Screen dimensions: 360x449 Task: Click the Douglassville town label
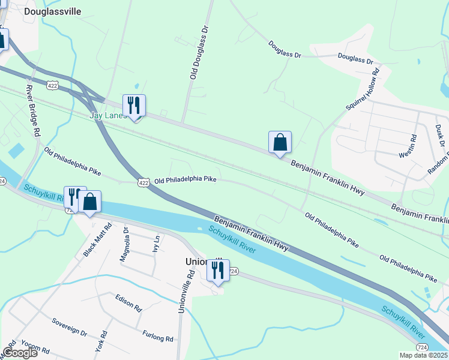point(52,11)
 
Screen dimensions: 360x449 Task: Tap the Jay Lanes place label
point(107,115)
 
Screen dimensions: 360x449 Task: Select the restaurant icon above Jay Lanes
point(134,106)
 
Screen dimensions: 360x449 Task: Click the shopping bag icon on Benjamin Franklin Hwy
point(280,143)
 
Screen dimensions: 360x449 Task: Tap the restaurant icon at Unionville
point(218,270)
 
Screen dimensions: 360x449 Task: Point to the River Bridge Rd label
point(32,109)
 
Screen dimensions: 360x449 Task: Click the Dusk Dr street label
point(440,136)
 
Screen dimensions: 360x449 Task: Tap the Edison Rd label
point(128,303)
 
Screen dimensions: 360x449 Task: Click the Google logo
point(20,352)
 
